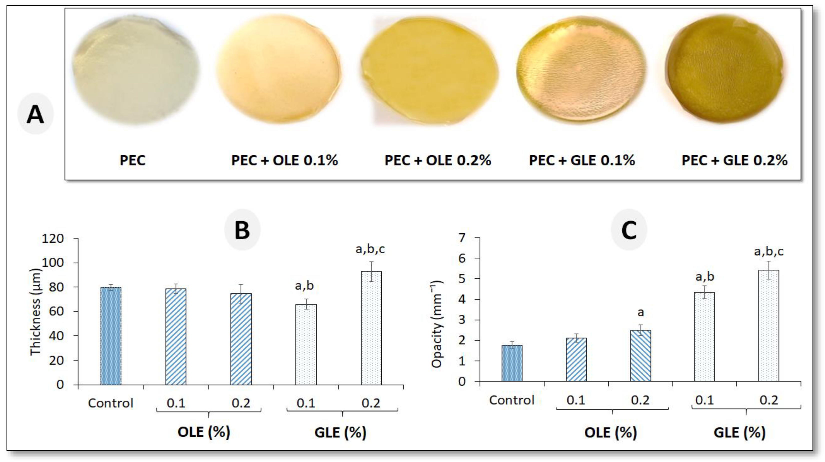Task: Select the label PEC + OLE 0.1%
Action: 284,160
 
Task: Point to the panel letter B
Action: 242,230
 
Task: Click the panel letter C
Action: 629,230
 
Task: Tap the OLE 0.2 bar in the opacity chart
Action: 640,356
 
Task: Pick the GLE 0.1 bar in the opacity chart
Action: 704,336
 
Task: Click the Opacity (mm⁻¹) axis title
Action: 437,324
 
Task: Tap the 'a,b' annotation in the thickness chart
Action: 304,285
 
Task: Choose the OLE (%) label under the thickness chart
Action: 204,432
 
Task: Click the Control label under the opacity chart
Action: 511,400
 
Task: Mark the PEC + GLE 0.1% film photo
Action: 580,69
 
